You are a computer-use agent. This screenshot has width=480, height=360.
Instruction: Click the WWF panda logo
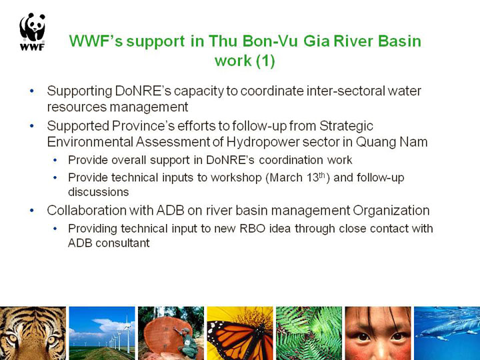tap(33, 31)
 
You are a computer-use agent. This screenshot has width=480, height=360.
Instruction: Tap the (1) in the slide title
tap(265, 60)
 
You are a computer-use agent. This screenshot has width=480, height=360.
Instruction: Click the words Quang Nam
tap(391, 142)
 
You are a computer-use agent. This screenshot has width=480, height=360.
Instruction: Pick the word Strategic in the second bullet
tap(346, 126)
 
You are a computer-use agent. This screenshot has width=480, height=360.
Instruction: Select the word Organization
tap(391, 211)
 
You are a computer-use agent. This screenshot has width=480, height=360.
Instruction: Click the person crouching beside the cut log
tap(187, 343)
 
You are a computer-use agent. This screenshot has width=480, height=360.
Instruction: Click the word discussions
tap(98, 192)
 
